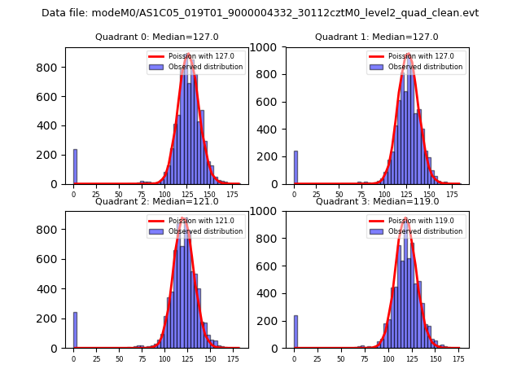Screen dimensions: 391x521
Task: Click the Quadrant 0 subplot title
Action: pos(156,37)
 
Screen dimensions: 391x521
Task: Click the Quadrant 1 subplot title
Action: pos(376,37)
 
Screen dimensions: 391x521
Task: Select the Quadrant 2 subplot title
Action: pos(156,201)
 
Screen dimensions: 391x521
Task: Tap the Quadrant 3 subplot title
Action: pos(376,201)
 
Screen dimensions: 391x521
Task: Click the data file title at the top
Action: pos(260,13)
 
